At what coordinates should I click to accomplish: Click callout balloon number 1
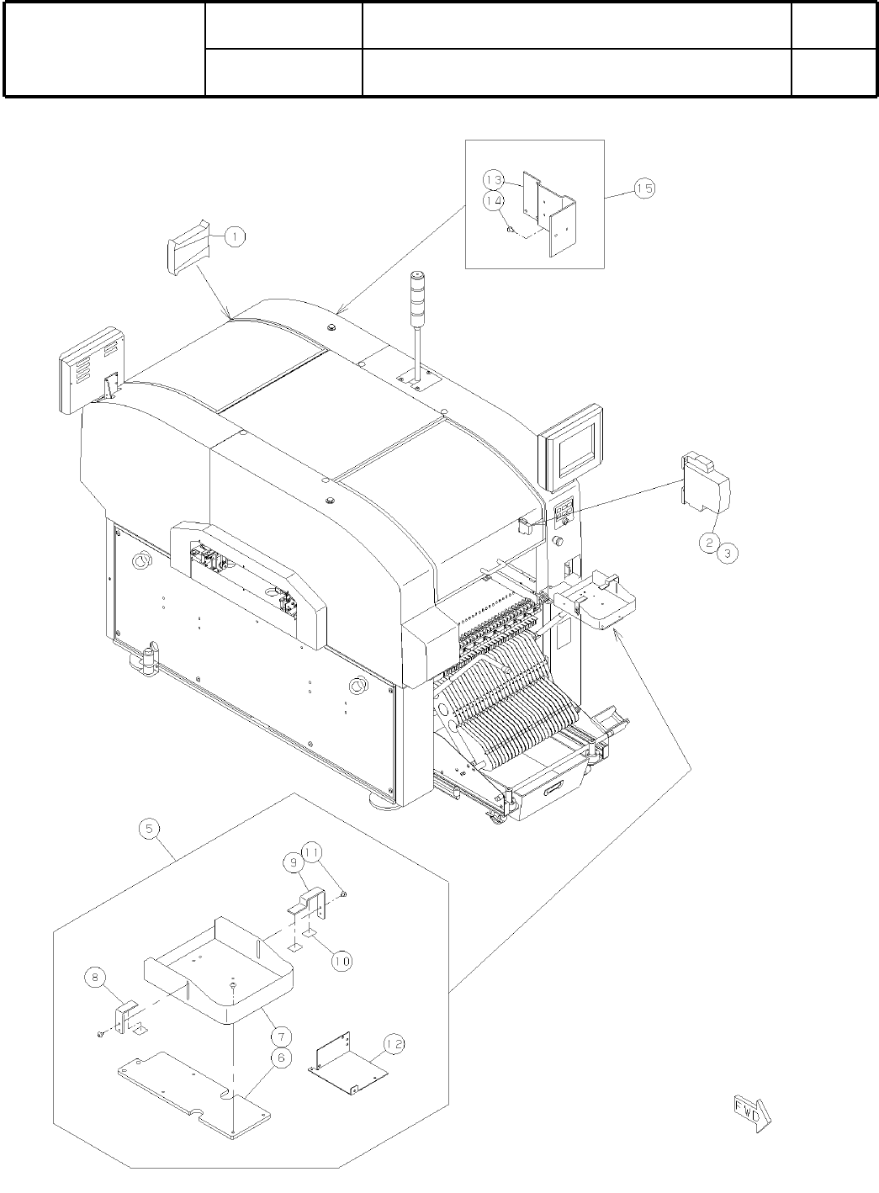click(235, 236)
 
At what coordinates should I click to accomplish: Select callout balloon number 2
click(710, 543)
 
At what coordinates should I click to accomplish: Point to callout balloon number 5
click(149, 829)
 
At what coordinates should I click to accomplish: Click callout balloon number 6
click(281, 1058)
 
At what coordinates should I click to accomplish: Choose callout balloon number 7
click(281, 1037)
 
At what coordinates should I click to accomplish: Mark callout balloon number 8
click(95, 977)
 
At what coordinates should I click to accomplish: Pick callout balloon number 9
click(294, 862)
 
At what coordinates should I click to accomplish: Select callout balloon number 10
click(342, 961)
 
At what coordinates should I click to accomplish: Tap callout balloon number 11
click(312, 852)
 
